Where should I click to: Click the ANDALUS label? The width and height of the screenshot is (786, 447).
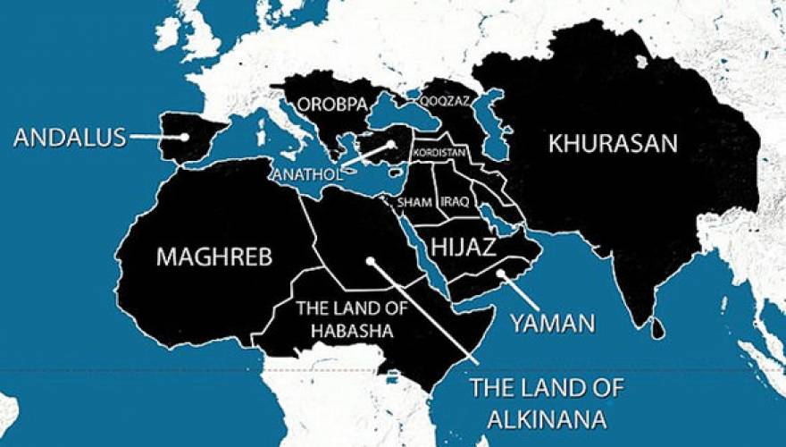70,138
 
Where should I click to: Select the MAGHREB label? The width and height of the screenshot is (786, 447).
214,257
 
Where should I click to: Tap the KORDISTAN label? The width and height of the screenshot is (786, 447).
440,153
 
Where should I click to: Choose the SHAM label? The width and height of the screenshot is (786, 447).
417,203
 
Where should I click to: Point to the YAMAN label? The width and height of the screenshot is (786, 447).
552,323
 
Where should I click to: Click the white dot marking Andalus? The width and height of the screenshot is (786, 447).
183,138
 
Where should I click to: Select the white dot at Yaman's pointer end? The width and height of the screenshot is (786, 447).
502,274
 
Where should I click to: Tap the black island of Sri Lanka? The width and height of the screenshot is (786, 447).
658,330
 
